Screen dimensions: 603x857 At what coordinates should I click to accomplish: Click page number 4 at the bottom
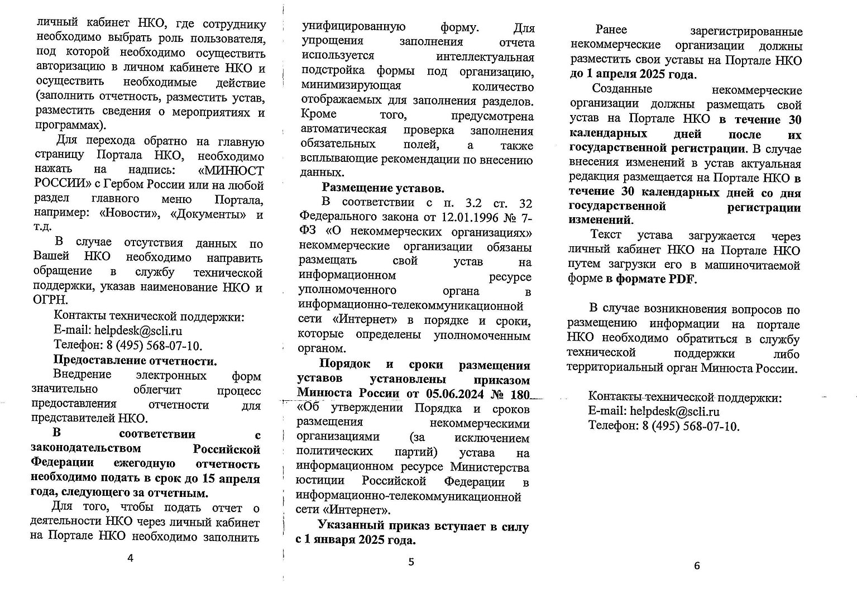(x=131, y=558)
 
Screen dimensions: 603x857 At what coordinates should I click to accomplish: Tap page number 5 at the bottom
(x=411, y=562)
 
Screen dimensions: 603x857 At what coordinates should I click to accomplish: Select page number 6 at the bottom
(x=696, y=566)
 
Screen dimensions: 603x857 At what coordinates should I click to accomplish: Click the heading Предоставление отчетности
(x=135, y=360)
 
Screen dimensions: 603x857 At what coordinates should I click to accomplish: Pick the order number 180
(x=519, y=393)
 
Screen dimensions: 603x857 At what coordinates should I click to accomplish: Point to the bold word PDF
(x=682, y=279)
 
